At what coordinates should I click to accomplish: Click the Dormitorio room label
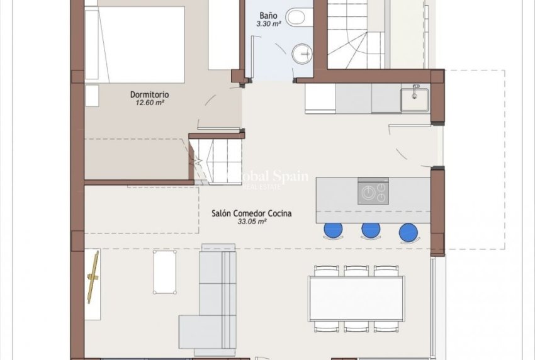149,94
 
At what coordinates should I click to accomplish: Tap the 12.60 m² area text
149,103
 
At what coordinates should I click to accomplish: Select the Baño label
268,16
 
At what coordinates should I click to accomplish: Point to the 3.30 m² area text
268,24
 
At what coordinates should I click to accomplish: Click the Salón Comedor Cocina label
252,213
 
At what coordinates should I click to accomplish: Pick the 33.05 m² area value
252,222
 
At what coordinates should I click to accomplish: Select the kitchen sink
415,99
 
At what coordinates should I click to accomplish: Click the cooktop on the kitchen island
373,192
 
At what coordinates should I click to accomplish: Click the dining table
356,299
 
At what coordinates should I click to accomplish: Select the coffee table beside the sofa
164,272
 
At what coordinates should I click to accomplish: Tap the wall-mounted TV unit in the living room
93,277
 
